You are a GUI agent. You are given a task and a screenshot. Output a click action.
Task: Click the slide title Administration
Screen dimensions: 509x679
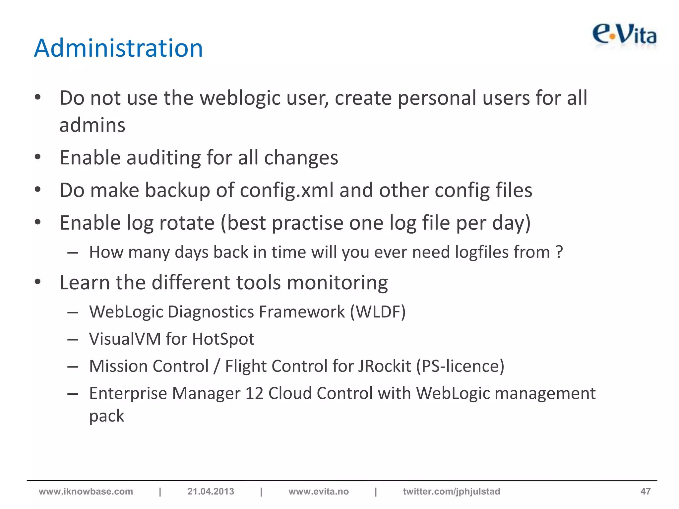coord(118,48)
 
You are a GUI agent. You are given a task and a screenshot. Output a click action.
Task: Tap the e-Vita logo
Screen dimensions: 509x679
coord(624,35)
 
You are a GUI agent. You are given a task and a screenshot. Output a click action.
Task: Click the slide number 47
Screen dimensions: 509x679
coord(645,491)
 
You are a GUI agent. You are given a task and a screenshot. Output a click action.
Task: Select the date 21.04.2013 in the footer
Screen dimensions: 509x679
coord(211,491)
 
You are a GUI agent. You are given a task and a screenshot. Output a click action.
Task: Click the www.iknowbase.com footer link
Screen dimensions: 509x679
coord(86,491)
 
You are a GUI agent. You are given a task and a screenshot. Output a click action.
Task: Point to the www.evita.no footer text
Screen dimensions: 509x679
coord(318,491)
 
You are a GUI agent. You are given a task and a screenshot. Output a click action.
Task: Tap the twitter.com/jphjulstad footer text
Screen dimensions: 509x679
coord(451,491)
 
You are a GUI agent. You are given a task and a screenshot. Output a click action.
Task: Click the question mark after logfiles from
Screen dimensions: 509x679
coord(559,252)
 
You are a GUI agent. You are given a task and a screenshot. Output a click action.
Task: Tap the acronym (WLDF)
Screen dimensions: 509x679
coord(378,312)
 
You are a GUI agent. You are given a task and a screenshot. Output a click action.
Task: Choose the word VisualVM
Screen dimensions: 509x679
coord(125,339)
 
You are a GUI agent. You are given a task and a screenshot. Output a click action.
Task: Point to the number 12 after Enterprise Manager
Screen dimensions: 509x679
coord(254,393)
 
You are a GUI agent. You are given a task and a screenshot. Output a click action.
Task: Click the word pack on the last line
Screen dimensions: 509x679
coord(106,416)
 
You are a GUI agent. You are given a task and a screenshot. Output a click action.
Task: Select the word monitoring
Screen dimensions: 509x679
coord(337,283)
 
